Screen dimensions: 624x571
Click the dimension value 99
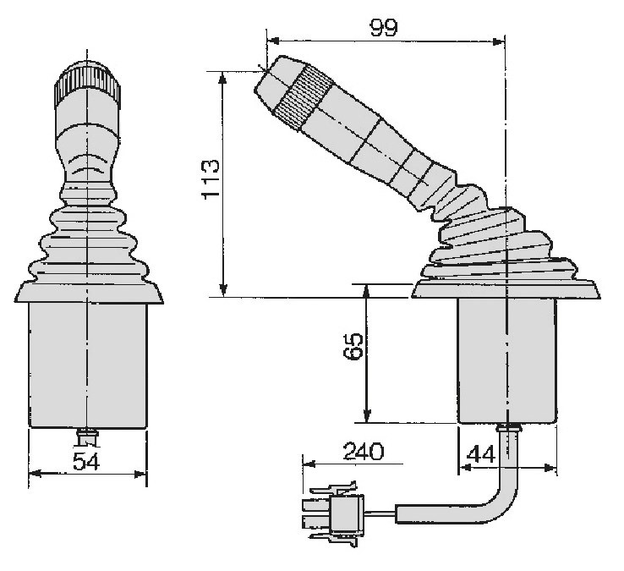coord(384,27)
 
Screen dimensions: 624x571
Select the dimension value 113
coord(211,179)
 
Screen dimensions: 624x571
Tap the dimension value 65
coord(353,347)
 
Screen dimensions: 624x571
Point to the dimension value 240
coord(364,451)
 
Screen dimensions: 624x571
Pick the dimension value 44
coord(481,454)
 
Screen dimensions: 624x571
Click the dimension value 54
coord(86,461)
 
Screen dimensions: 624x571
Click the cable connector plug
coord(333,513)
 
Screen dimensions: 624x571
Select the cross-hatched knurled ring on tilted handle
coord(304,96)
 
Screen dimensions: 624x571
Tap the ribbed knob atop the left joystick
coord(87,84)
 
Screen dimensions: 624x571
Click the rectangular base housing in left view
coord(88,365)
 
